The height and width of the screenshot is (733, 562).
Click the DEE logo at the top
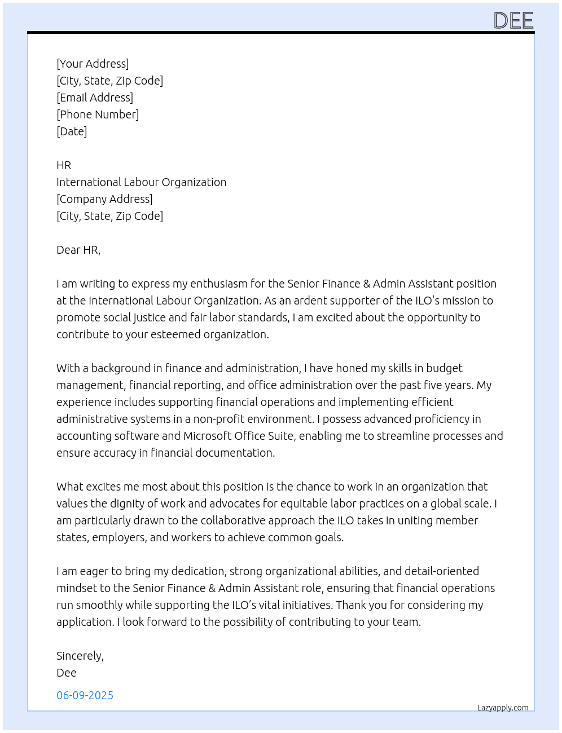(x=513, y=21)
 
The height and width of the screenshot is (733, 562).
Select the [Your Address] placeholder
(x=93, y=64)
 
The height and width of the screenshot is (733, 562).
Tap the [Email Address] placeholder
(x=95, y=98)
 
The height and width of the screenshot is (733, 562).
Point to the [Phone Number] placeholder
(x=98, y=114)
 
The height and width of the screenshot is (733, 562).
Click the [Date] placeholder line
(x=72, y=131)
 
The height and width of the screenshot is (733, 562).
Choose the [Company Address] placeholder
(x=104, y=199)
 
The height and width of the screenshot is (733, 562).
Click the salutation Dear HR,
(x=78, y=250)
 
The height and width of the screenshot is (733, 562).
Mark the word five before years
(x=432, y=385)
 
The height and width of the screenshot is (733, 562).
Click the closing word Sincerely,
(x=80, y=656)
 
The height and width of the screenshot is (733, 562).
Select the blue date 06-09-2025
(x=85, y=695)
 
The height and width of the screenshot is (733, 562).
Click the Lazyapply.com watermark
(x=503, y=708)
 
